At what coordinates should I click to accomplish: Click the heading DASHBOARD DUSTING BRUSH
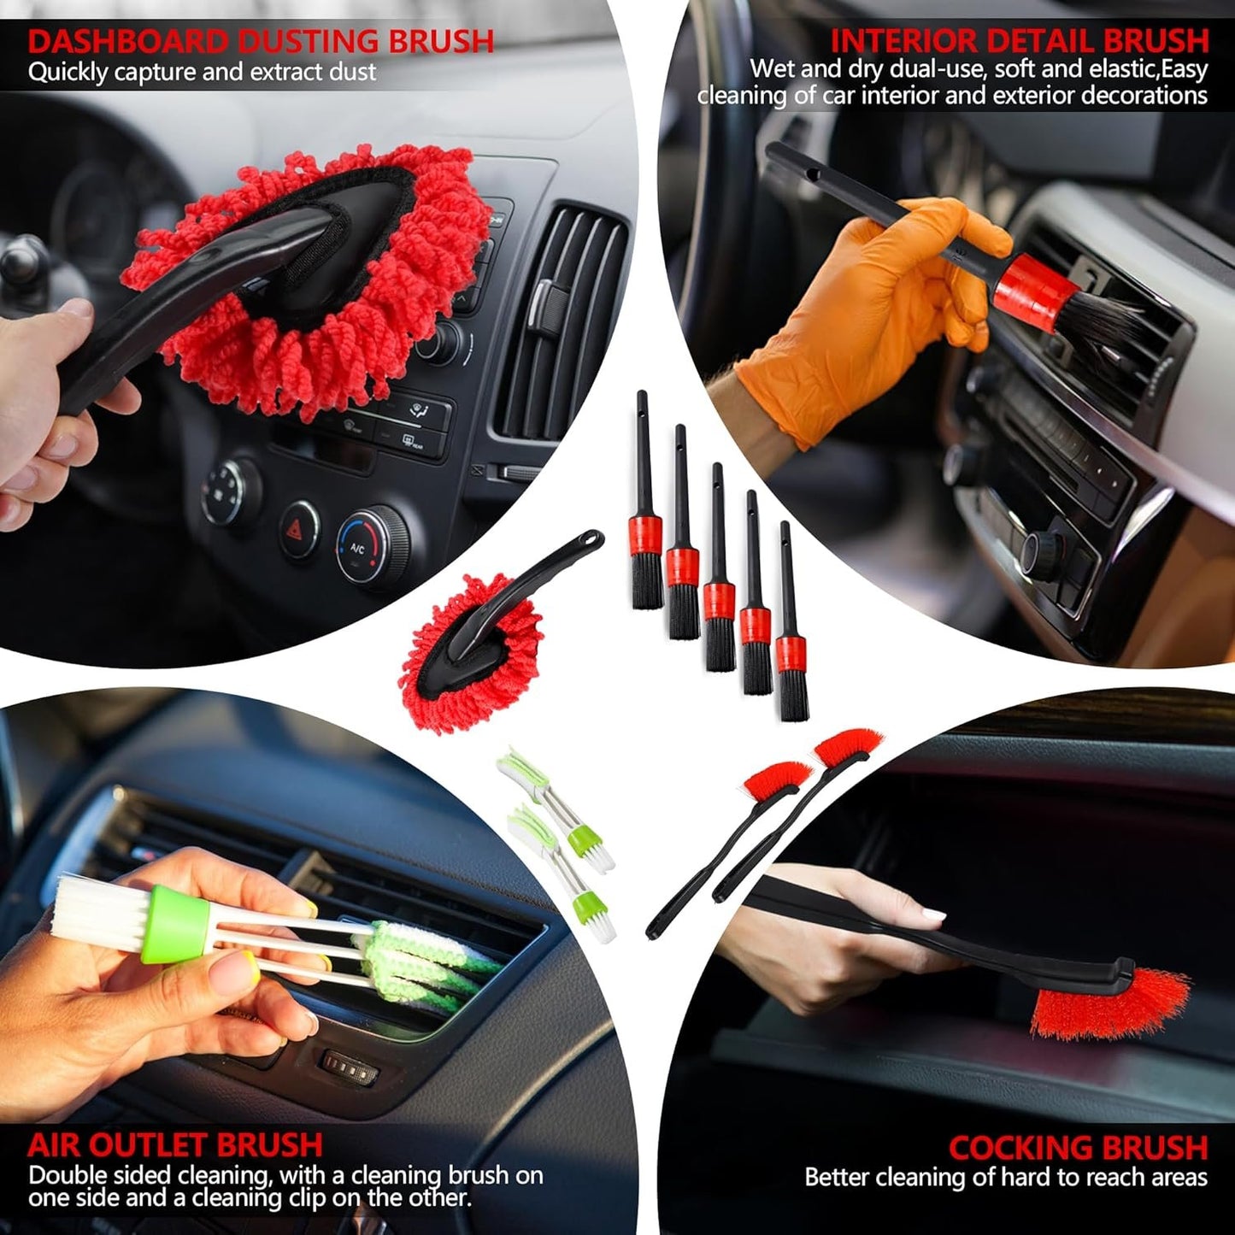[261, 41]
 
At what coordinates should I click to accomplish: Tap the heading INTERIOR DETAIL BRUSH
[1020, 41]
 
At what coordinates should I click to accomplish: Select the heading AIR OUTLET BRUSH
[174, 1145]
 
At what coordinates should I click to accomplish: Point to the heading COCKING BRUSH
[1078, 1147]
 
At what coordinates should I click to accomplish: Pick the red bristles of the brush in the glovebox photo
[1111, 1004]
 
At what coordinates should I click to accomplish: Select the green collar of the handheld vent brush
[175, 924]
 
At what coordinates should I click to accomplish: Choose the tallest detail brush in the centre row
[646, 504]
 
